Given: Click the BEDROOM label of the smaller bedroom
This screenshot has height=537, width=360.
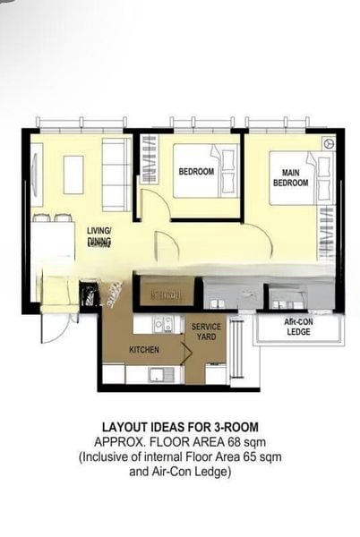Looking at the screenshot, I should [x=196, y=172].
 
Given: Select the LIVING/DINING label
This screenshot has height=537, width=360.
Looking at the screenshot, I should [x=99, y=235].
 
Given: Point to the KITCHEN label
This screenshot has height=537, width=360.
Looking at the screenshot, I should [x=143, y=349].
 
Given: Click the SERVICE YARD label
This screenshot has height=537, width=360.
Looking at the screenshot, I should [x=206, y=332].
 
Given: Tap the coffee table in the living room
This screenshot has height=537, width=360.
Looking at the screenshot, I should [x=73, y=175].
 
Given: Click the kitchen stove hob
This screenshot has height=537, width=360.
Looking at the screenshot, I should [x=165, y=325].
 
